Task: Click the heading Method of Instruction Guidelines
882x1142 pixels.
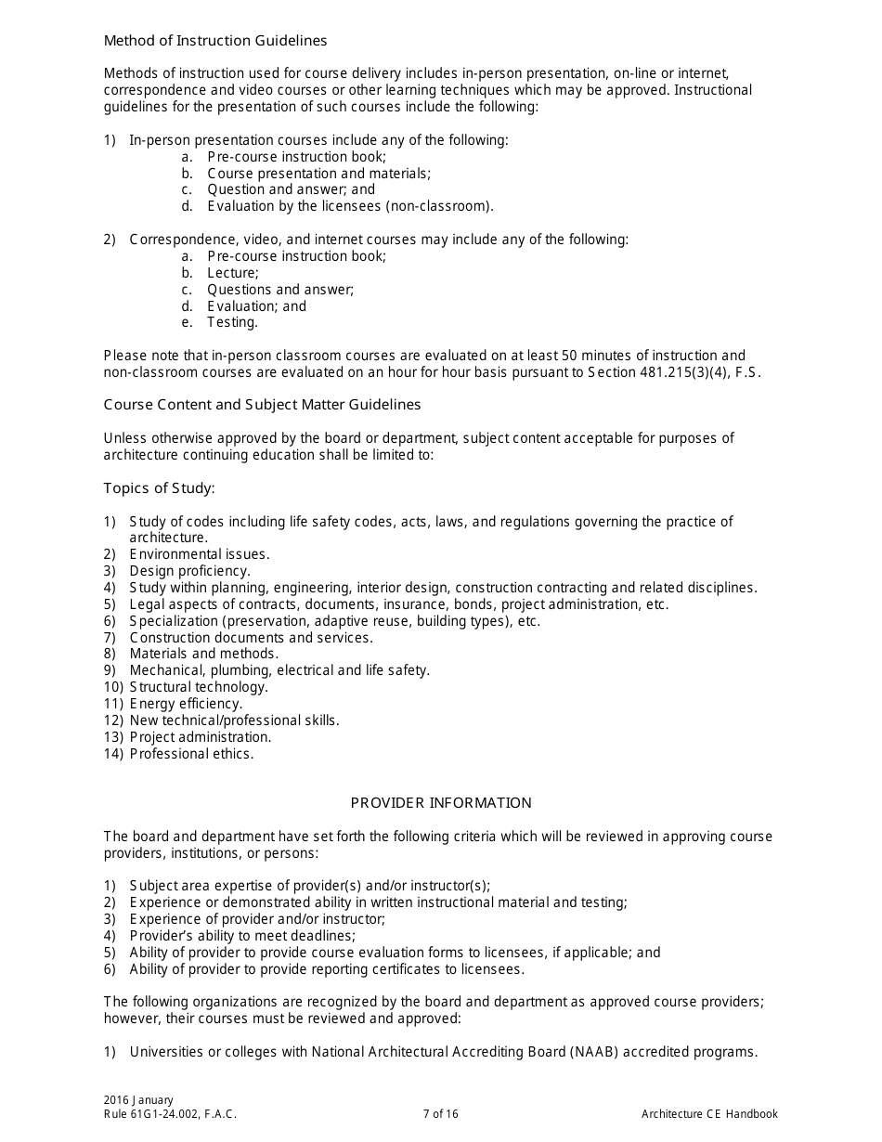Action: coord(215,41)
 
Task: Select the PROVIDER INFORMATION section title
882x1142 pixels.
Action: coord(441,803)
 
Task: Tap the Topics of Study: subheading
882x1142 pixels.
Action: coord(160,488)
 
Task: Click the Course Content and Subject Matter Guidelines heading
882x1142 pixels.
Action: coord(262,405)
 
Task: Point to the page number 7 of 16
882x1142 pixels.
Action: coord(440,1114)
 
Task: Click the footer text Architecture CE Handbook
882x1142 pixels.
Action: coord(709,1114)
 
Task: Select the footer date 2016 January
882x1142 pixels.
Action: coord(138,1100)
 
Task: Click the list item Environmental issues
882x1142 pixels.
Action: coord(200,554)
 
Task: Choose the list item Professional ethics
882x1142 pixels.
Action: coord(191,754)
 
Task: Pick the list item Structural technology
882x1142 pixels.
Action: coord(199,687)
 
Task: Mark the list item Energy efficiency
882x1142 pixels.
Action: coord(186,704)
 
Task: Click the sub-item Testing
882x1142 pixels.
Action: coord(232,323)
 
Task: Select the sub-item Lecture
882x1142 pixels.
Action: coord(233,273)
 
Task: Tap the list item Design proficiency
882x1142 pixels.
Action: coord(189,571)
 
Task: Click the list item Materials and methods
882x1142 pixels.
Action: coord(203,654)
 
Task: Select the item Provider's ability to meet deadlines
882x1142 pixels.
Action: coord(242,936)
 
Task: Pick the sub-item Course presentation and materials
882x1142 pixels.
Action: coord(318,174)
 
